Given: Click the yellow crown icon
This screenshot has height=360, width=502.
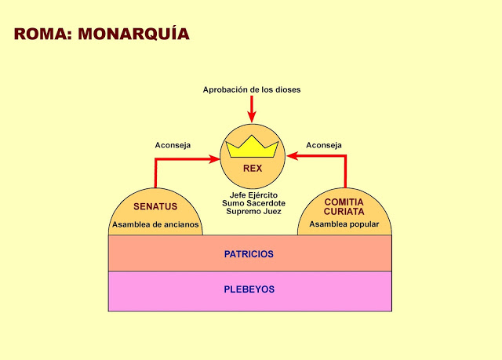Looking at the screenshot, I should pos(252,146).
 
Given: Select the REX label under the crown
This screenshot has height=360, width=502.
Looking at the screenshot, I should pos(252,168).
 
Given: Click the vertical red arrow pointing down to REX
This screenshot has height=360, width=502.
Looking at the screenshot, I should pos(251,108).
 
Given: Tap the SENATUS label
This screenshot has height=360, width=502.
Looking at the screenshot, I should pos(155,207).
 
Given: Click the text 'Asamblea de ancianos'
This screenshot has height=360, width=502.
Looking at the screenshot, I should pos(156,225).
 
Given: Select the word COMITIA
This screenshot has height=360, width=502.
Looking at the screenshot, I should pos(344,202).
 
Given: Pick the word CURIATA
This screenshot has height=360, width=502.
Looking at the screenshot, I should pos(344,212).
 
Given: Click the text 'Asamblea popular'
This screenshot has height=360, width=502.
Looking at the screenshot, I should pos(344,225).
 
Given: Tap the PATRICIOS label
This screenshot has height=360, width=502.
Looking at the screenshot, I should pos(249,254).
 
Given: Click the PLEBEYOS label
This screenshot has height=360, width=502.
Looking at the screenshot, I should pos(249,289).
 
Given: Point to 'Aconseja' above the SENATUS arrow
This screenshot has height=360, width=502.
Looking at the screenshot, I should pos(172,145).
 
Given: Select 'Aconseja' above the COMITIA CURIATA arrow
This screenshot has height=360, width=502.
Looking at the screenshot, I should pos(323,145).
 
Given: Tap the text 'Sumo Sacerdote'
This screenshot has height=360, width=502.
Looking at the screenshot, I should pos(252,203).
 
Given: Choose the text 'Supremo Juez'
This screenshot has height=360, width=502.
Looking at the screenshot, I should pos(252,212).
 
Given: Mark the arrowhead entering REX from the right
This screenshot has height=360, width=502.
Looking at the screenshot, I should pos(291,155).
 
